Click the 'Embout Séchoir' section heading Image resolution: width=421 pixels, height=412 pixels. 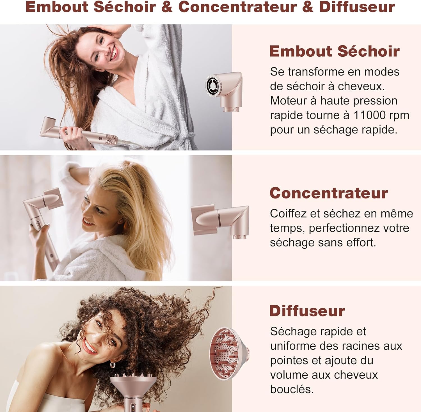[334, 51]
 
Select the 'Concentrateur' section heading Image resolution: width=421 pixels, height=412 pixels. [329, 193]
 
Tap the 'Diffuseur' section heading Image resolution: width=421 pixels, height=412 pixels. [307, 311]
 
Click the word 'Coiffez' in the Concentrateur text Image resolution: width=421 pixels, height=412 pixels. [288, 214]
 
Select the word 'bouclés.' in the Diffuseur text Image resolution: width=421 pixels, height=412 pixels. [292, 389]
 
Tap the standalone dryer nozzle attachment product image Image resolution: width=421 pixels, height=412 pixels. [225, 91]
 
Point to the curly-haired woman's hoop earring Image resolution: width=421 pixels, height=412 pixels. [112, 365]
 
